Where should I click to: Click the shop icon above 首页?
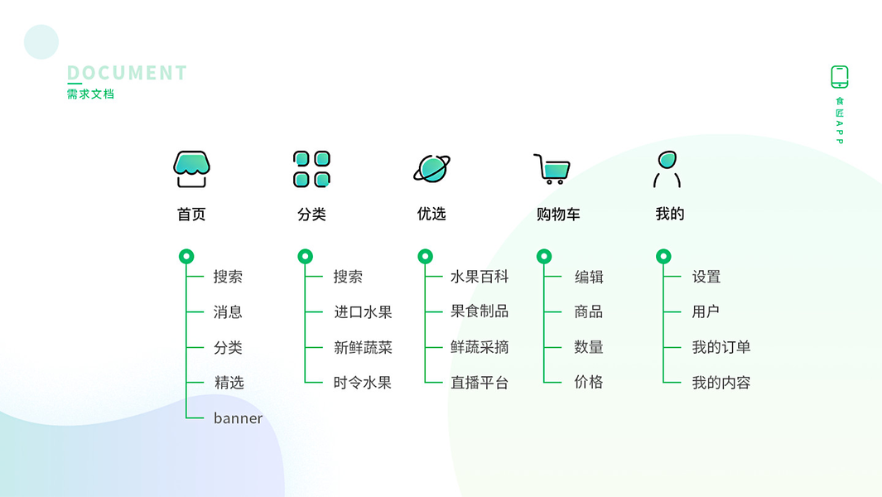point(191,168)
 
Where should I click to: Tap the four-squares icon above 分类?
point(311,168)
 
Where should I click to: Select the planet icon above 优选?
point(431,168)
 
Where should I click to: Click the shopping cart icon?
point(552,168)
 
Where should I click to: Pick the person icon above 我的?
point(667,168)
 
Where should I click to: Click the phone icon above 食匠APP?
point(839,77)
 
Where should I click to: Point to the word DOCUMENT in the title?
point(127,73)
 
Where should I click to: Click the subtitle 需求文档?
point(90,94)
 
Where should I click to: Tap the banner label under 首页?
point(238,418)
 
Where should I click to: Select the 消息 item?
point(228,312)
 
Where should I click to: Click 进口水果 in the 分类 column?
point(363,312)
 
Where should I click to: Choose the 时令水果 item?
point(363,383)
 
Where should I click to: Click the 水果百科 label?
point(480,277)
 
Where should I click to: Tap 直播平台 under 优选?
point(480,383)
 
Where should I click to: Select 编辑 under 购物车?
point(589,277)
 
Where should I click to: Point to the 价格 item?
point(589,383)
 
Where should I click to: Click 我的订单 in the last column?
point(721,347)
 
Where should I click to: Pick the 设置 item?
point(706,277)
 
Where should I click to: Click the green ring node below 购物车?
point(544,257)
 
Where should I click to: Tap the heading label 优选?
point(431,214)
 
